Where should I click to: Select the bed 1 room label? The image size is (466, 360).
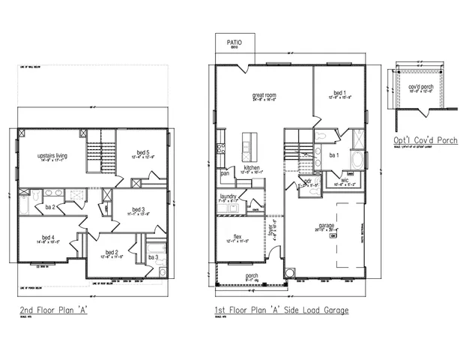click(x=339, y=92)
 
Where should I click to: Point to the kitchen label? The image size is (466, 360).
click(x=251, y=167)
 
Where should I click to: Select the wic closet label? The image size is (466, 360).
click(x=345, y=180)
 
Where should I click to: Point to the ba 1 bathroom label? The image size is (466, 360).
click(x=335, y=155)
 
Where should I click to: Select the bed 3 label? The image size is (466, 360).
click(x=137, y=209)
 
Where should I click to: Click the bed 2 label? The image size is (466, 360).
click(x=111, y=252)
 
